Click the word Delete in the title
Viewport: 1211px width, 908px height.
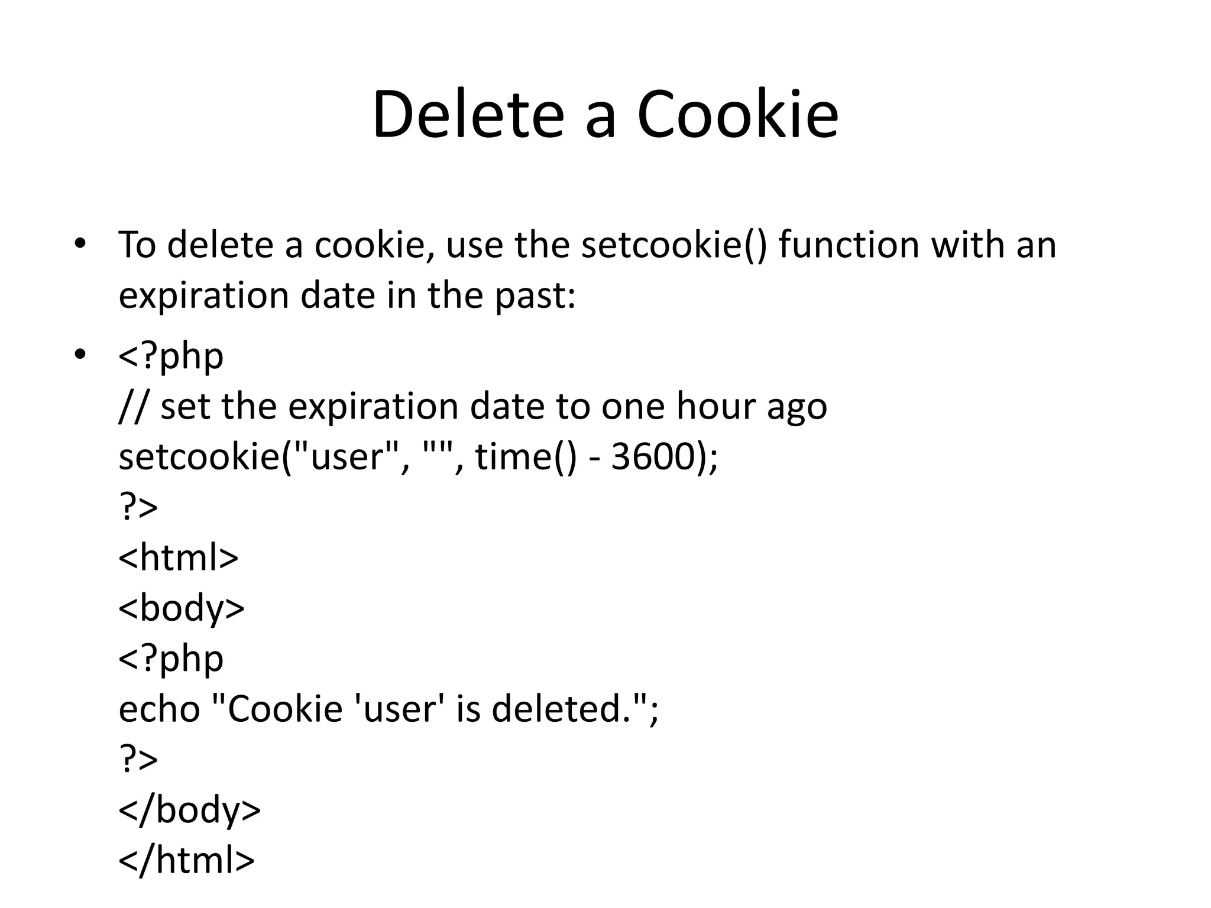pyautogui.click(x=468, y=115)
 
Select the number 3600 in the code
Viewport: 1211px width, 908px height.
pyautogui.click(x=652, y=457)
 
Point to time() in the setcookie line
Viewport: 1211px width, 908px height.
pyautogui.click(x=525, y=457)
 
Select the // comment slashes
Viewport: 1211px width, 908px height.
pyautogui.click(x=132, y=406)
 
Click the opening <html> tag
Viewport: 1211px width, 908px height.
pyautogui.click(x=178, y=557)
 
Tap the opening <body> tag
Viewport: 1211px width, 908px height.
pyautogui.click(x=182, y=608)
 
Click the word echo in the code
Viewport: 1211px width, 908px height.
pyautogui.click(x=159, y=709)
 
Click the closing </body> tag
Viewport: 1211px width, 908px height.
pyautogui.click(x=189, y=810)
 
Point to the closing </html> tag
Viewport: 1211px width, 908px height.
pyautogui.click(x=186, y=860)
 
